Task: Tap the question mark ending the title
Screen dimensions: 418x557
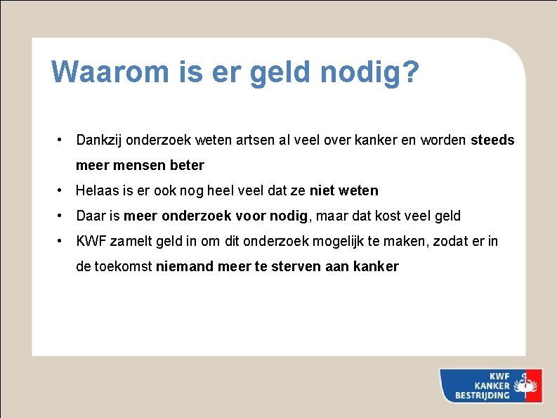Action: [411, 72]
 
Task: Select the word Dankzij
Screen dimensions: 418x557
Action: [100, 140]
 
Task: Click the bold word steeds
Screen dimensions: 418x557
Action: [492, 140]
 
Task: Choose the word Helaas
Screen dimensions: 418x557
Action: [97, 190]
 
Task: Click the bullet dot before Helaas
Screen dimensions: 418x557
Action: [63, 190]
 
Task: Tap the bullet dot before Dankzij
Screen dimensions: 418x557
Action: [63, 140]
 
